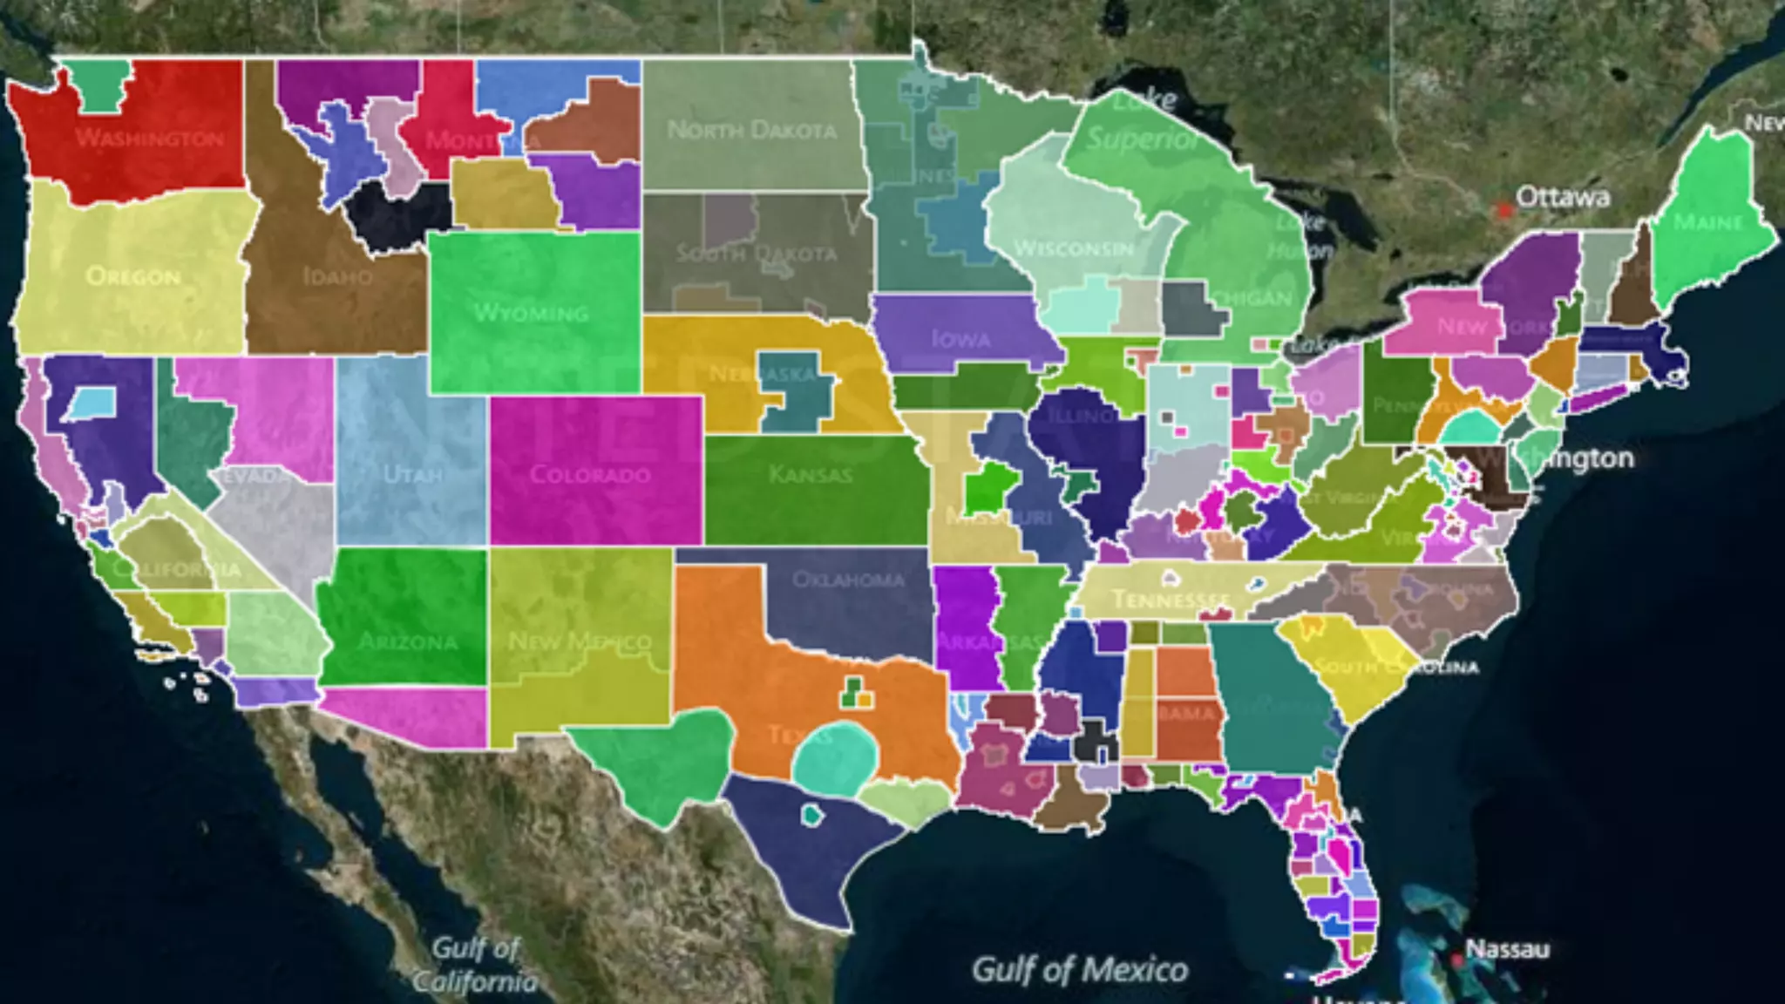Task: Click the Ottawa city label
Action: (x=1563, y=198)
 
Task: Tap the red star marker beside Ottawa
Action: (x=1503, y=210)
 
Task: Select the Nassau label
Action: (x=1507, y=948)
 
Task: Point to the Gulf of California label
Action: (x=475, y=965)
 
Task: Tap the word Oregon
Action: (x=133, y=277)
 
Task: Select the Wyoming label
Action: (x=531, y=312)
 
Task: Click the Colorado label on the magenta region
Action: (x=590, y=475)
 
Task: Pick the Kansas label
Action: (x=811, y=475)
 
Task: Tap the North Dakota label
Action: (x=751, y=131)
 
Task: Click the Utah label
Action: (x=412, y=475)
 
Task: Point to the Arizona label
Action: (x=408, y=642)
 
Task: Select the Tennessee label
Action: (x=1171, y=600)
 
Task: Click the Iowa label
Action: (x=960, y=339)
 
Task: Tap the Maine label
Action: (x=1707, y=223)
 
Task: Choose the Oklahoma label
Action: (x=848, y=580)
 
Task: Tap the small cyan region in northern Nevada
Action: (x=91, y=403)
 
